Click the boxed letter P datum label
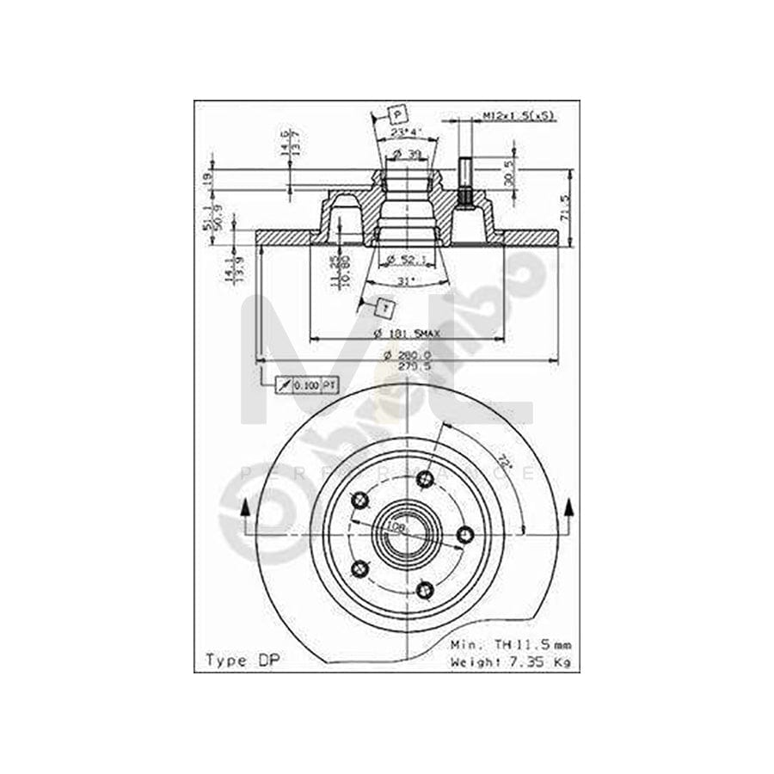point(397,114)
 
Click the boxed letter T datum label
point(386,307)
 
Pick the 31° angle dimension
point(405,281)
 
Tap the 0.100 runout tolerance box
point(306,386)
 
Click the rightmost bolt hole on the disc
point(465,535)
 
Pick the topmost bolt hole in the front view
point(424,480)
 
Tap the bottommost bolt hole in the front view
point(424,589)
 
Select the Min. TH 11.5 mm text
point(509,644)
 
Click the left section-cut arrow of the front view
point(245,516)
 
